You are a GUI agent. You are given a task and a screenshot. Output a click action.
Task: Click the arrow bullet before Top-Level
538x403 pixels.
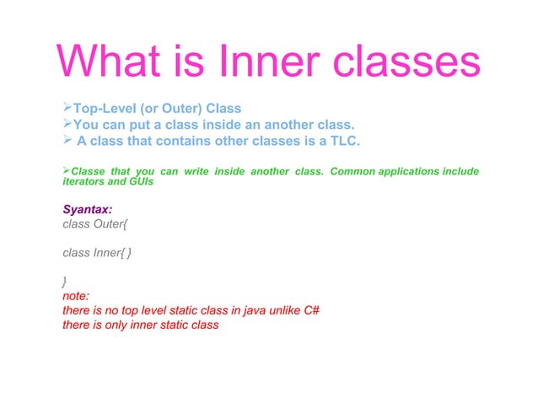pyautogui.click(x=67, y=109)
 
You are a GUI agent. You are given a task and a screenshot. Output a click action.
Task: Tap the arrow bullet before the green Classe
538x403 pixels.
pyautogui.click(x=67, y=172)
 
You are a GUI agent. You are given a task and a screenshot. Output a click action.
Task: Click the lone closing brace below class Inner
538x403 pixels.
pyautogui.click(x=66, y=282)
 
